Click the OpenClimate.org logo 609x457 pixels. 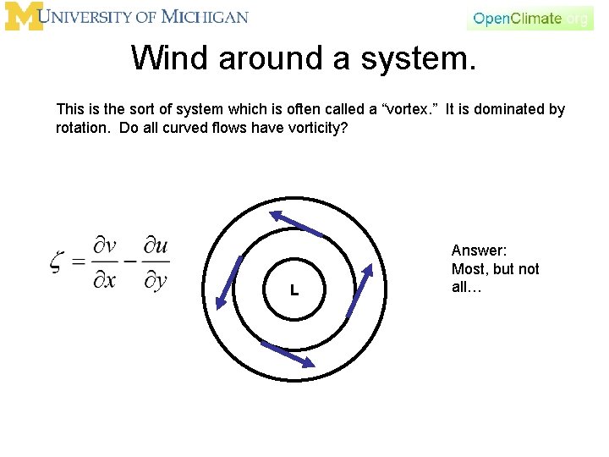tap(530, 18)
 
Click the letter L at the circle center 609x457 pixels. tap(294, 290)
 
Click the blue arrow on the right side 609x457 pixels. tap(360, 289)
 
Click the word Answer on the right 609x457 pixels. tap(479, 251)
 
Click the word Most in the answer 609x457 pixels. tap(469, 269)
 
